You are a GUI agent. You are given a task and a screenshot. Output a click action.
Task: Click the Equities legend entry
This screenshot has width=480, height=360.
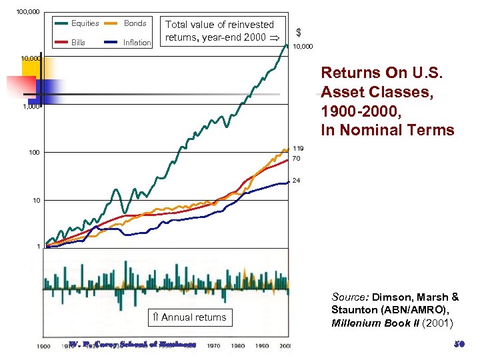(85, 23)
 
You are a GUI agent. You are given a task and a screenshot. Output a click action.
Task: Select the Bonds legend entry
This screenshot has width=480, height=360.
(135, 23)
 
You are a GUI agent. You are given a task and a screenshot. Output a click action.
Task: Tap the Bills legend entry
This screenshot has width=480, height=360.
(78, 43)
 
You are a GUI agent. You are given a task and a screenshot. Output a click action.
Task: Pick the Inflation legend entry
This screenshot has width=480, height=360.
(137, 43)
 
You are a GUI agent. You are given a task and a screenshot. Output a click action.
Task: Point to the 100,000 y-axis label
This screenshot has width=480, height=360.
(27, 12)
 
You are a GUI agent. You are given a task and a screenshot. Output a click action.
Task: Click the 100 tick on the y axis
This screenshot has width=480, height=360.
(34, 153)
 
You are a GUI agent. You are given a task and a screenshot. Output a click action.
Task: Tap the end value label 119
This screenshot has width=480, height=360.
(299, 149)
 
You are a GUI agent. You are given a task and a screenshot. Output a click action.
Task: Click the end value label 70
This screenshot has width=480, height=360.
(297, 159)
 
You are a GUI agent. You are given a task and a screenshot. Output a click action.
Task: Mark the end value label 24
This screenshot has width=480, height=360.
(297, 181)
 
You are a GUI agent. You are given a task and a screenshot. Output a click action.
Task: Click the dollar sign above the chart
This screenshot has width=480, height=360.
(299, 32)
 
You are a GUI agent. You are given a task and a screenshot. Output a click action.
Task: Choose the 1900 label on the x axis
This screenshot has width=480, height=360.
(43, 347)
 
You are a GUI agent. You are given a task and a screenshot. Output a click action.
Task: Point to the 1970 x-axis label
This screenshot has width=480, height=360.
(213, 347)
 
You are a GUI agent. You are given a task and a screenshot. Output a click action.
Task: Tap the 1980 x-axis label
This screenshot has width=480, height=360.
(238, 347)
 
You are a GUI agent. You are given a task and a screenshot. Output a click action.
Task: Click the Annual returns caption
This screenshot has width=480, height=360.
(189, 317)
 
